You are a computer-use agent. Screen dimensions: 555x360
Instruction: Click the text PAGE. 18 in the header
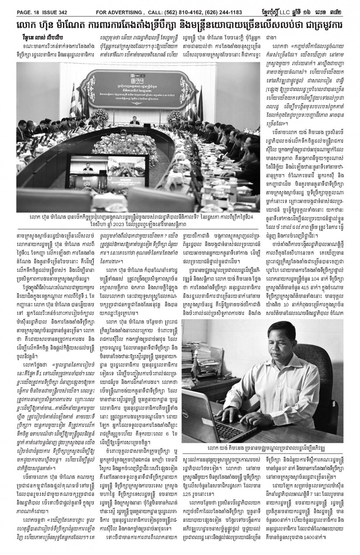coord(18,4)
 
